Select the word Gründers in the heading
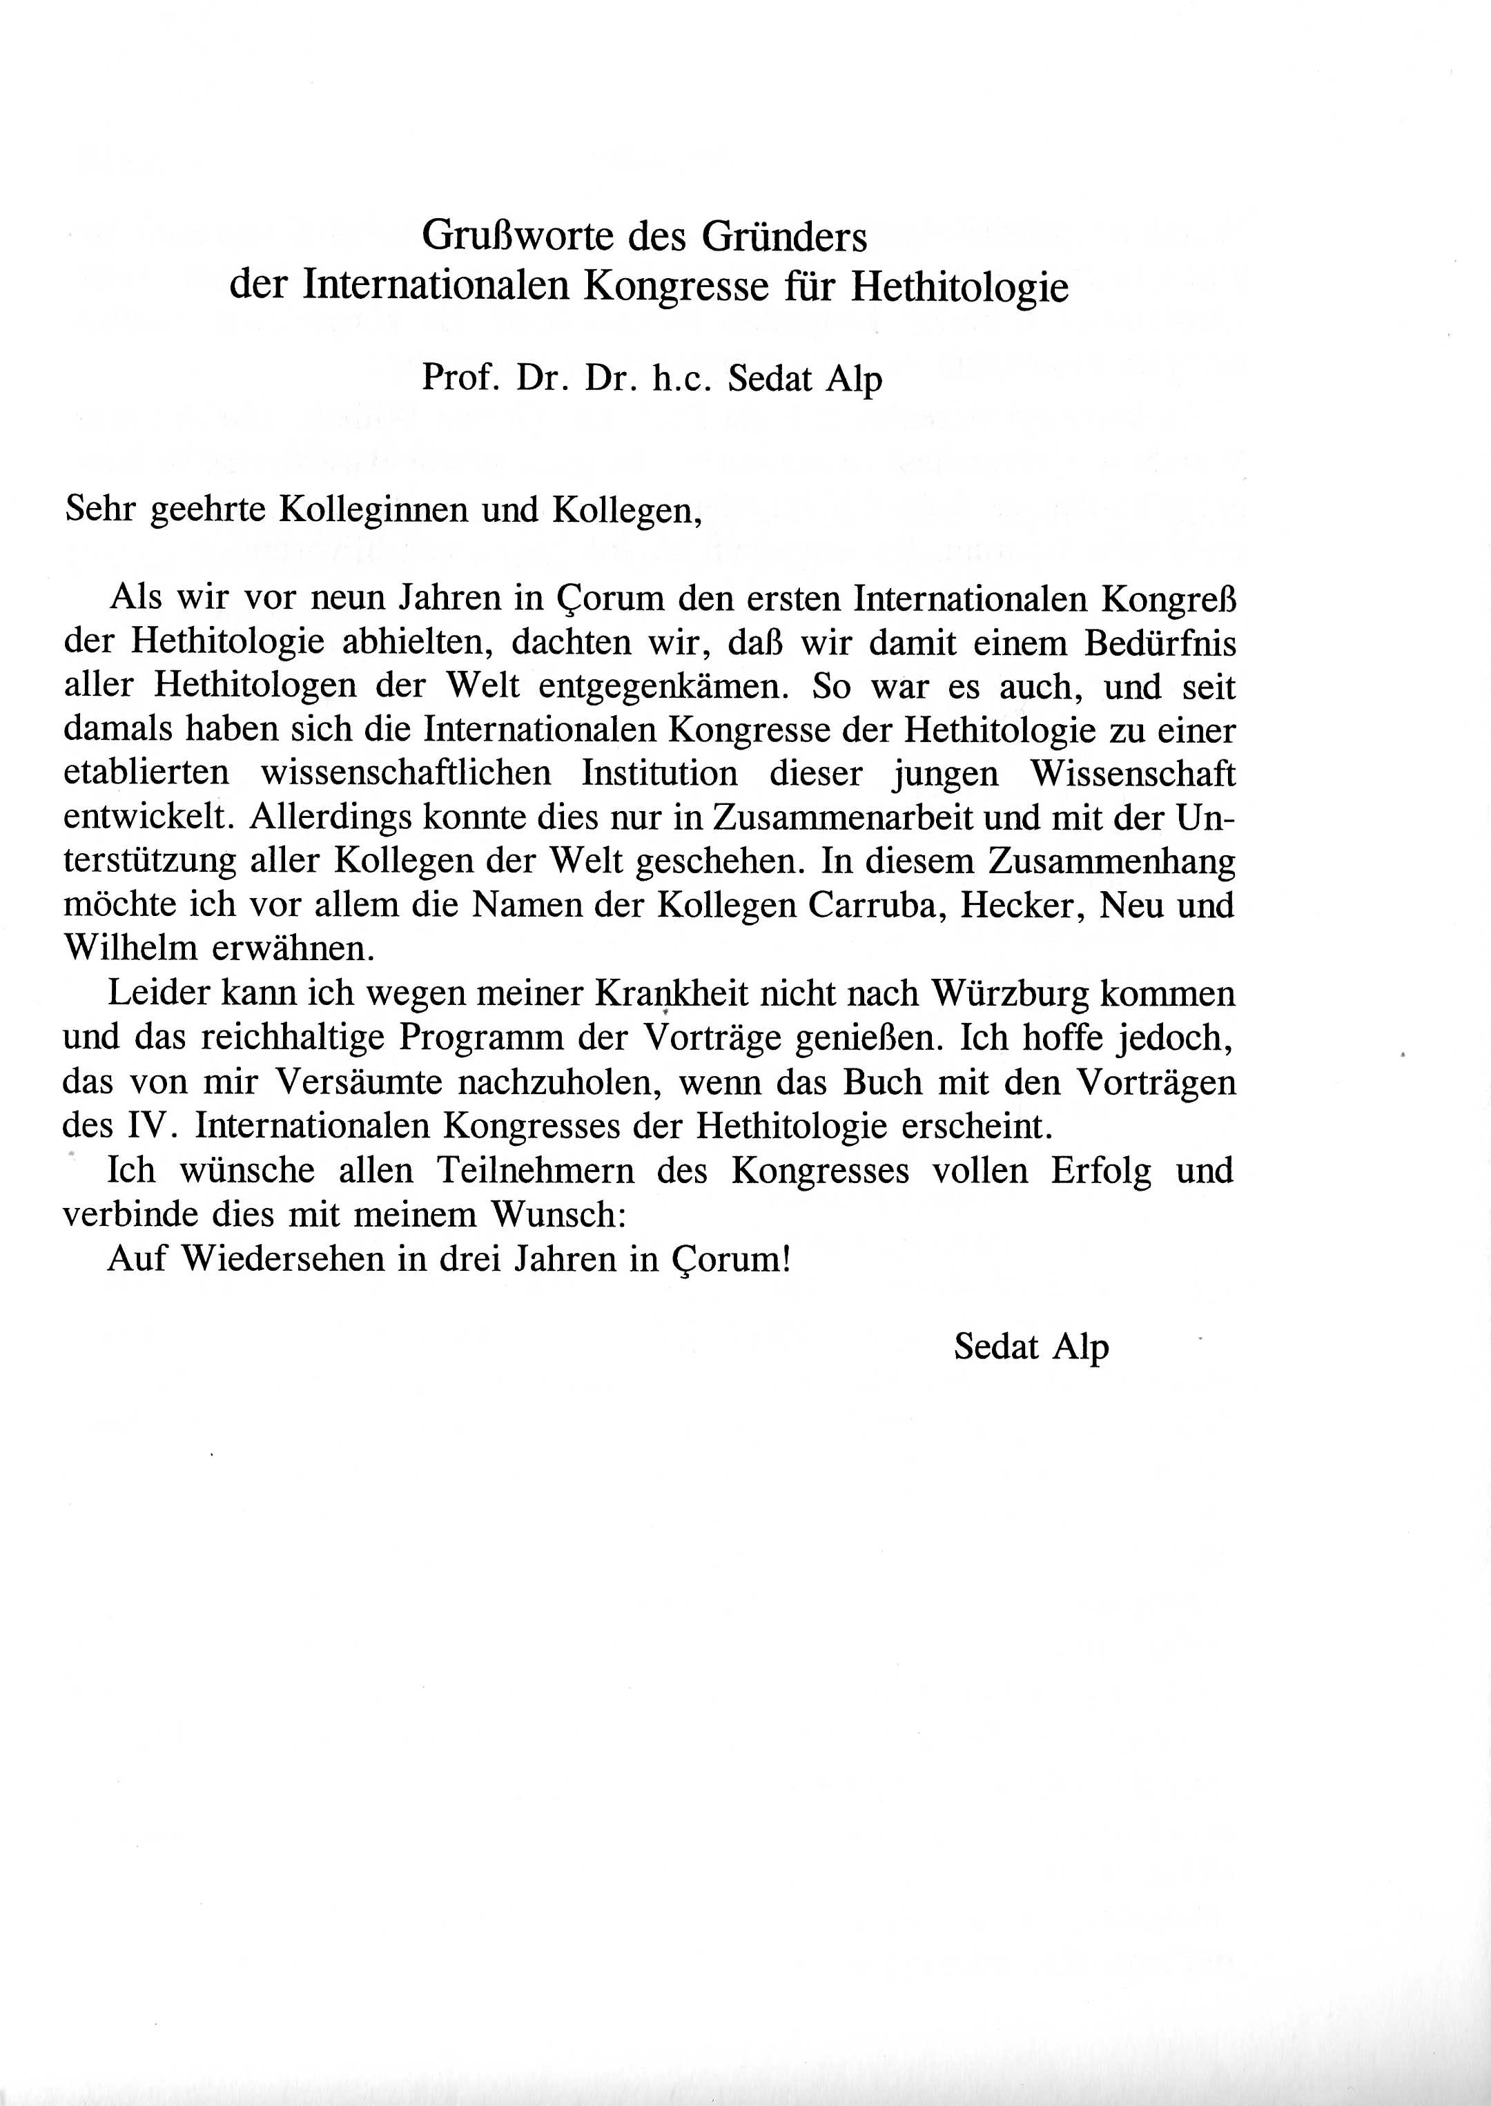click(784, 237)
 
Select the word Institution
click(659, 773)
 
